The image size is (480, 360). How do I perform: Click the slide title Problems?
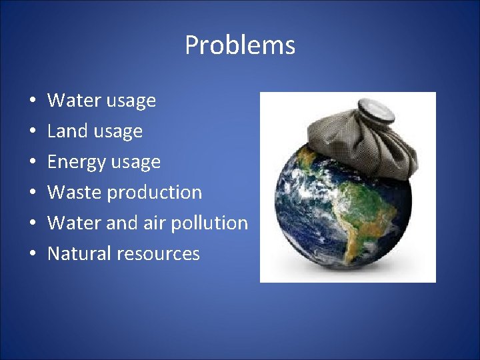pyautogui.click(x=239, y=45)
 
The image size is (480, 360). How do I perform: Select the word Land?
pyautogui.click(x=67, y=131)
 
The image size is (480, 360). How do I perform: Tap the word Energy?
pyautogui.click(x=75, y=162)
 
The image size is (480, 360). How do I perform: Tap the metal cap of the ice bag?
pyautogui.click(x=369, y=107)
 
